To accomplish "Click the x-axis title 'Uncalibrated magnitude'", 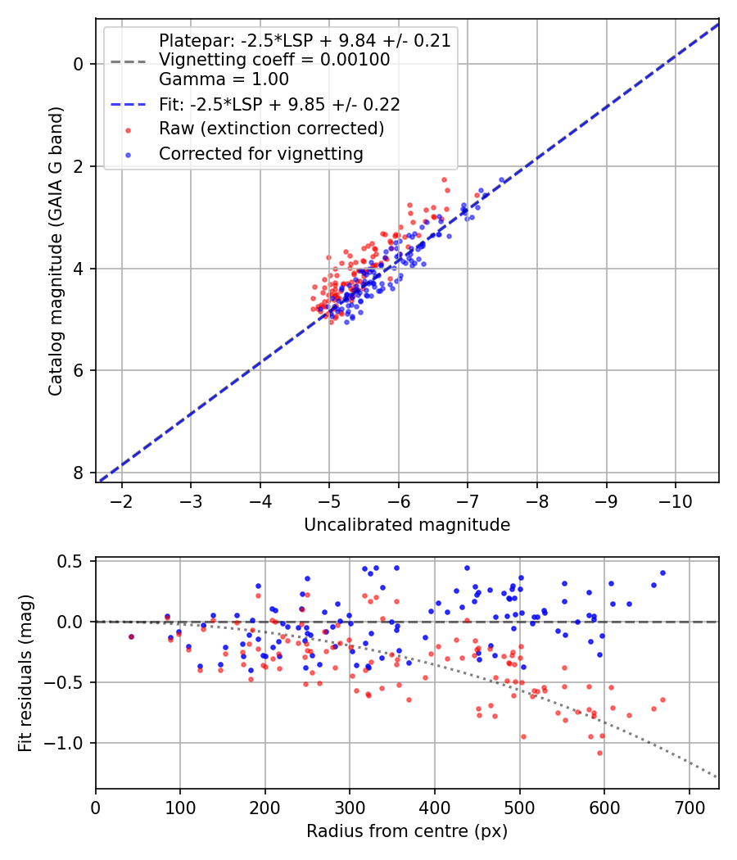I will click(x=407, y=525).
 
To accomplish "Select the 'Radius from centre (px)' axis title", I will click(x=407, y=831).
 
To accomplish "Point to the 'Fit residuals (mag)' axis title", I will click(x=25, y=673).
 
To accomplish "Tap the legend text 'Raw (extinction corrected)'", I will click(x=271, y=129).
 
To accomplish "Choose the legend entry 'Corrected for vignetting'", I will click(x=261, y=153).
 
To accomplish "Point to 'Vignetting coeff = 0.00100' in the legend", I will click(x=274, y=60).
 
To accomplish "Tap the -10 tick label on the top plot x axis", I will click(x=675, y=499).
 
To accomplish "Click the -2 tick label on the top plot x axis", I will click(x=122, y=499).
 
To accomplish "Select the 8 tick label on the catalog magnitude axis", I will click(x=79, y=473).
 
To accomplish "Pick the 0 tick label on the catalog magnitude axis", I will click(x=79, y=64).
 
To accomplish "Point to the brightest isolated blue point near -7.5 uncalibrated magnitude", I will click(x=502, y=180).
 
